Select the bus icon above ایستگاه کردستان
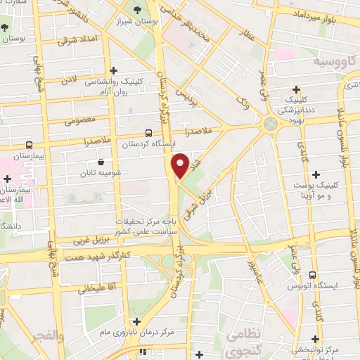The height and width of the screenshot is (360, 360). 148,133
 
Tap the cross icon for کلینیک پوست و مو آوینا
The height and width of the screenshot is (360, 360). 316,174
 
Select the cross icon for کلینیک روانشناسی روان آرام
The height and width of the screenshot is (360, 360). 113,70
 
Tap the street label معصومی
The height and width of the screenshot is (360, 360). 79,120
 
